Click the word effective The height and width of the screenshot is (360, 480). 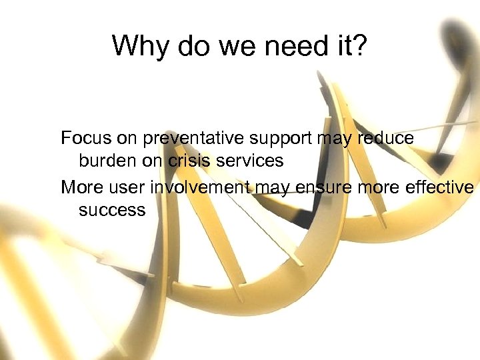point(439,187)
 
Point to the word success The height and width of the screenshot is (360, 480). point(111,210)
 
